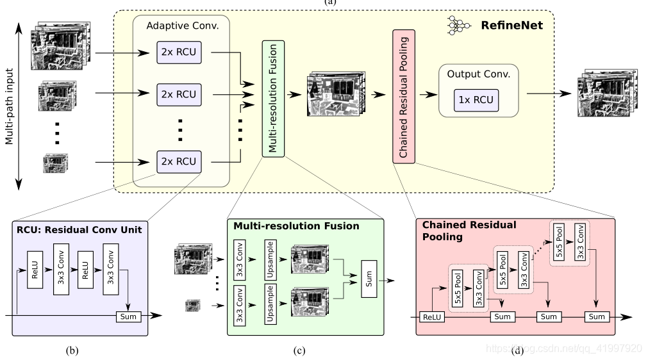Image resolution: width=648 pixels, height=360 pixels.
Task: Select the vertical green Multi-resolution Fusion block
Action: click(x=273, y=98)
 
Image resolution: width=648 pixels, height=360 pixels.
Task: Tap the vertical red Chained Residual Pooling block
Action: click(x=404, y=97)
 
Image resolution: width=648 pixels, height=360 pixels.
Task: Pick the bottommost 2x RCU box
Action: click(x=179, y=161)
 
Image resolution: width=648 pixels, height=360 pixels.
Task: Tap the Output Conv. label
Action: click(x=478, y=74)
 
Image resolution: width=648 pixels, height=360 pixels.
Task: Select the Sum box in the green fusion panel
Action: click(x=370, y=279)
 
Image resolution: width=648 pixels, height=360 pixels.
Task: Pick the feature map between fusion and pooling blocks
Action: click(x=334, y=94)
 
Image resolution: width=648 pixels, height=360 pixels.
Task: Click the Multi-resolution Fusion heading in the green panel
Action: click(x=296, y=226)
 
